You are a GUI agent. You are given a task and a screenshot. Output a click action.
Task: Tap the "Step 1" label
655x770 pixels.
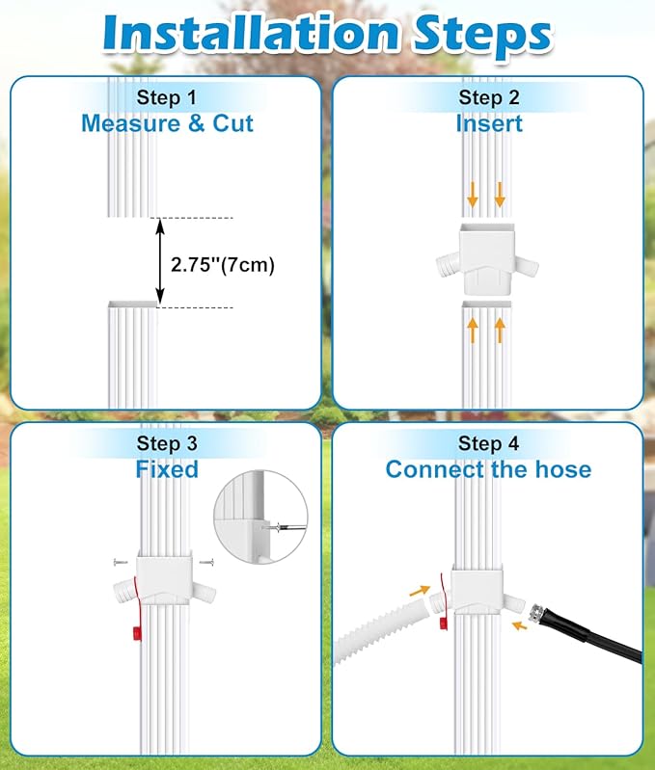pos(167,97)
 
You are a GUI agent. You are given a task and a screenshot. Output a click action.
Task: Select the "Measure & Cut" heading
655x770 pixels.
pos(167,123)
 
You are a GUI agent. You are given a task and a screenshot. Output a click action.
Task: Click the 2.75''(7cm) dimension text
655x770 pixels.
pos(223,265)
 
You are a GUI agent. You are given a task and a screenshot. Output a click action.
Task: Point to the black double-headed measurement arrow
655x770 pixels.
pos(160,262)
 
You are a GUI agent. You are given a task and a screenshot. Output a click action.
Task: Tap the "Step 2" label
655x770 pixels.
pos(488,97)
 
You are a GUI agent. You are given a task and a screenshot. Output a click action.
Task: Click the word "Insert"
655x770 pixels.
pos(489,123)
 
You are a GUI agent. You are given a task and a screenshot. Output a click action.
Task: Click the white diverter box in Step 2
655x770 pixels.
pos(487,258)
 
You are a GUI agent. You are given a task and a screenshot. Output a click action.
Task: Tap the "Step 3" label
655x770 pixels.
pos(167,443)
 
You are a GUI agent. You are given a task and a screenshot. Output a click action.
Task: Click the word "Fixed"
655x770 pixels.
pos(167,469)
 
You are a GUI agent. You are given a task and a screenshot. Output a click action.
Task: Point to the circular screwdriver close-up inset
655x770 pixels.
pos(260,517)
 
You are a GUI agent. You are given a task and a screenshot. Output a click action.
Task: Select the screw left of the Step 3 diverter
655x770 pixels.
pos(121,562)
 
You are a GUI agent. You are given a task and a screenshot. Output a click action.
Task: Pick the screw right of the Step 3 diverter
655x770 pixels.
pos(206,562)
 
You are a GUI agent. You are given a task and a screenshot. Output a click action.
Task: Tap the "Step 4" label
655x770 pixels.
pos(488,443)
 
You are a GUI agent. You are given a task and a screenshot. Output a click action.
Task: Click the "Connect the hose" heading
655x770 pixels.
pos(488,469)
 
